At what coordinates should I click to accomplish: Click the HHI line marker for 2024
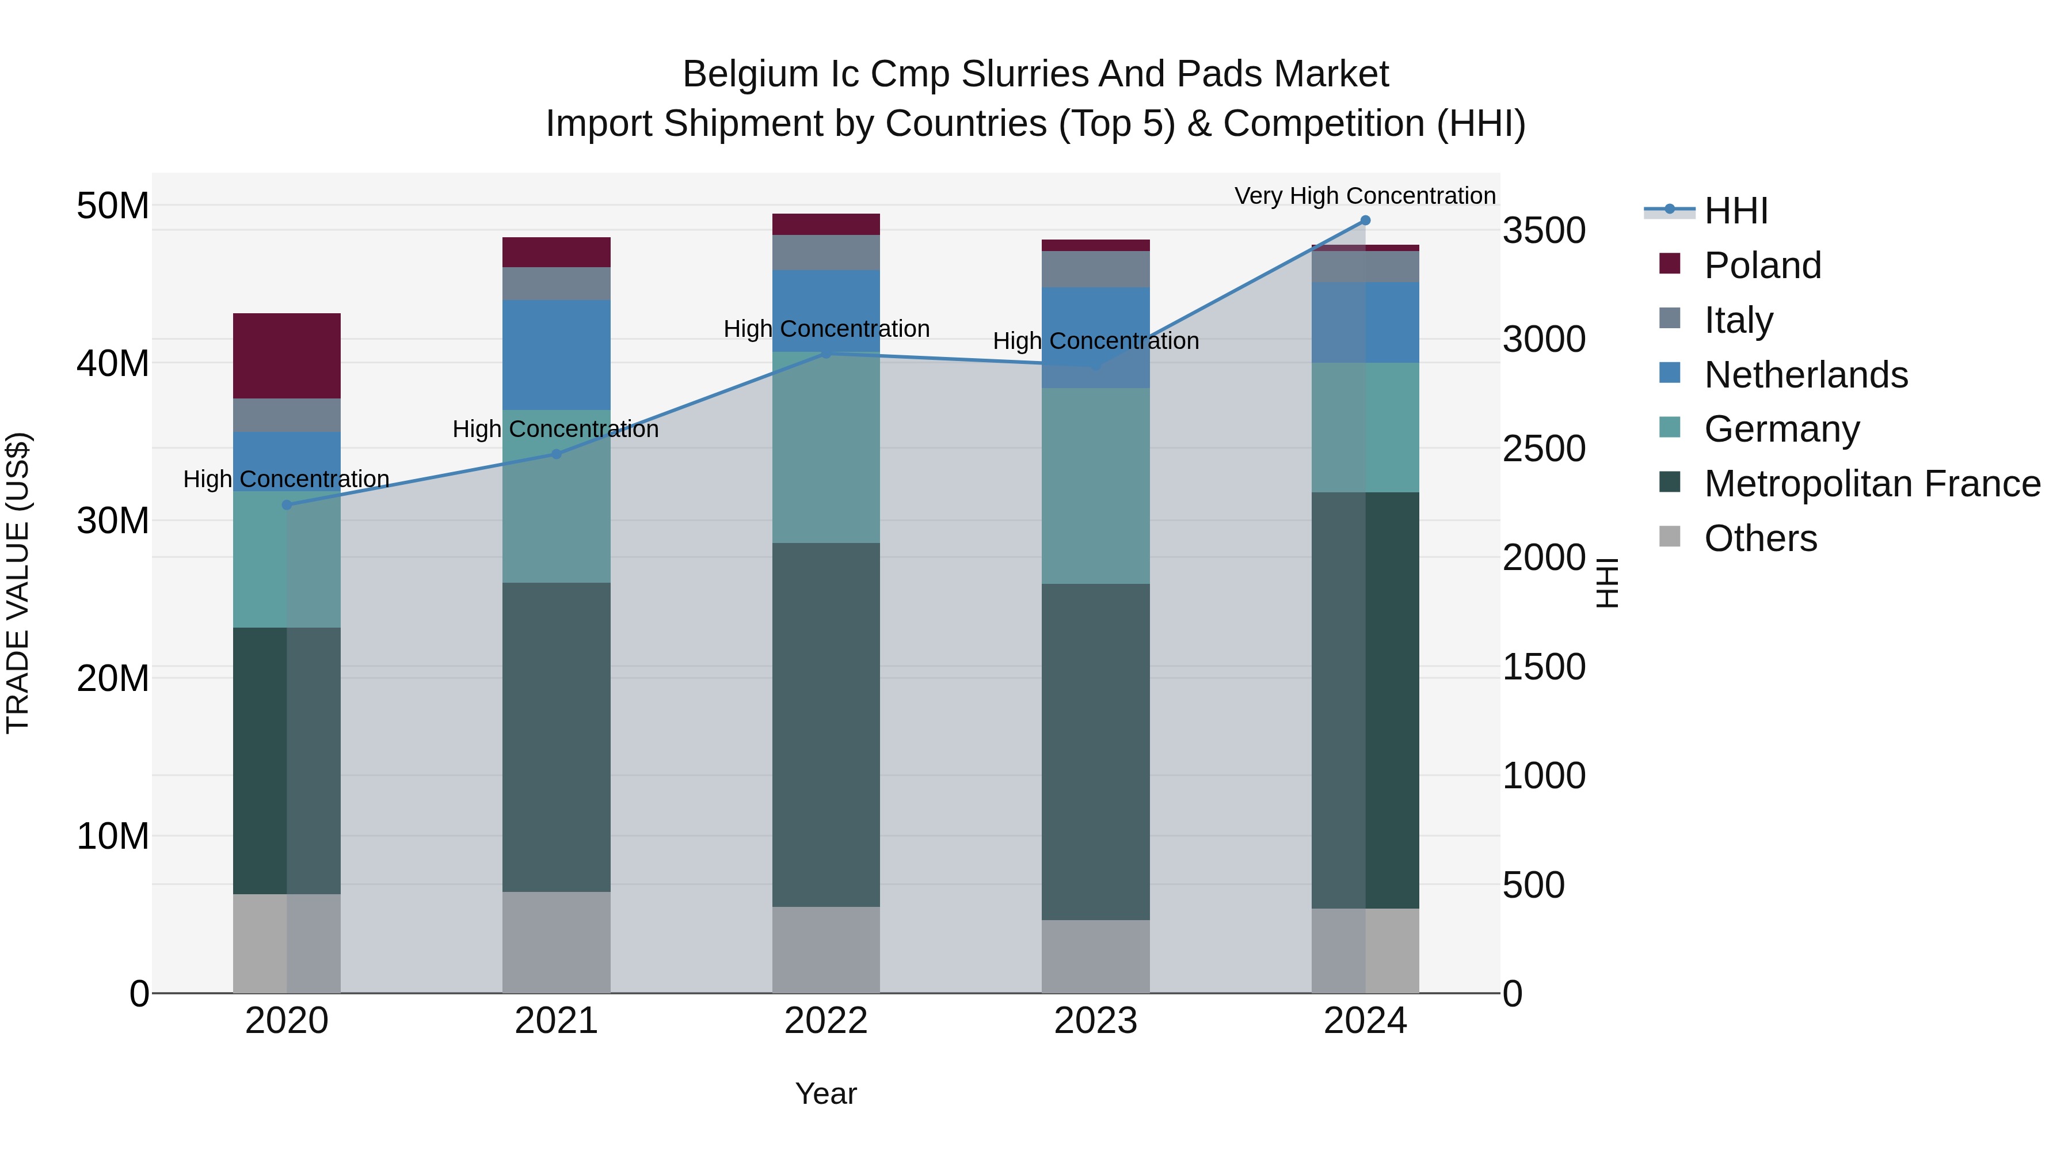(1365, 221)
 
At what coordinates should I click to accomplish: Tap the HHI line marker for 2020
(287, 504)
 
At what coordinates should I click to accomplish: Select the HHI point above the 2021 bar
(556, 454)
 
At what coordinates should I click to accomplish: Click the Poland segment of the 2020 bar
(287, 356)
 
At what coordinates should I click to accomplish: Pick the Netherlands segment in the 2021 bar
(556, 355)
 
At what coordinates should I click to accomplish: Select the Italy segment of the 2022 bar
(826, 253)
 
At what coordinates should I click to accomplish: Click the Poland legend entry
(1762, 265)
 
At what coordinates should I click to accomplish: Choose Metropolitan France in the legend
(1872, 484)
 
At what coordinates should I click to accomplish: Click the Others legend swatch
(1670, 537)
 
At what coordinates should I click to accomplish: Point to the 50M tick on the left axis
(113, 206)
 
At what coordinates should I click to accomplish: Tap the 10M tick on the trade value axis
(113, 837)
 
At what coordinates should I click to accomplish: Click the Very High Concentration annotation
(1365, 196)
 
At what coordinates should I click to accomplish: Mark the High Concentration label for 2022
(826, 329)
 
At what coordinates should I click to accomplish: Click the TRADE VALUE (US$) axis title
(18, 583)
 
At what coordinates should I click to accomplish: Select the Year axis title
(826, 1093)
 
